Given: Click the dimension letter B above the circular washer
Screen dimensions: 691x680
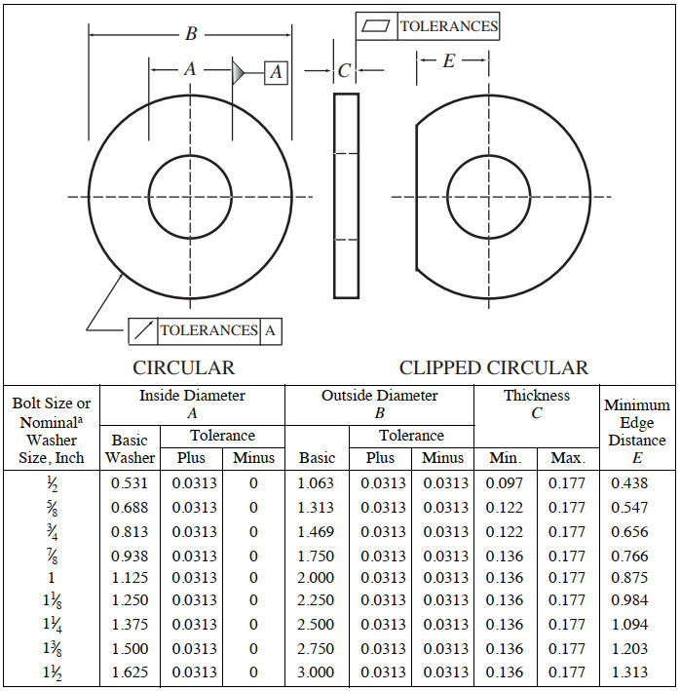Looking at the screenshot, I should pos(191,34).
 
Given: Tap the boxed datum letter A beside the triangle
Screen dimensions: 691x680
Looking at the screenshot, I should pos(276,71).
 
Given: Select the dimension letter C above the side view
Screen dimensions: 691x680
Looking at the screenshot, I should pos(344,71).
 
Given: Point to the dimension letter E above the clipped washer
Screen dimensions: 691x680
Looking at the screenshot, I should pos(448,60).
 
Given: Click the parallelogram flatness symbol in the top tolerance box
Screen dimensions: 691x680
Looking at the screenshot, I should pos(375,26).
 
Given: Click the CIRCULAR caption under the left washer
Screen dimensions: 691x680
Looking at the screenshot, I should pos(184,367).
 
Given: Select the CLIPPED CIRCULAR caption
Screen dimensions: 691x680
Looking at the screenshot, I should pos(493,367).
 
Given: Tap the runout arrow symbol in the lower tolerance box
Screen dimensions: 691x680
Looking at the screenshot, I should pos(142,330).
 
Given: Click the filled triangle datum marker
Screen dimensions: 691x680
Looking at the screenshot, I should pos(239,71).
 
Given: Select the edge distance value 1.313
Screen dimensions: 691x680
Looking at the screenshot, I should pos(630,672).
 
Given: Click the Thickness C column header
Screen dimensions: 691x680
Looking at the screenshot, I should pos(537,403).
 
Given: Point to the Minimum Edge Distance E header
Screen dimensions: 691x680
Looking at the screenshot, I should pos(637,422).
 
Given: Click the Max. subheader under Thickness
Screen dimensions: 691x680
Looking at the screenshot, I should pos(566,457).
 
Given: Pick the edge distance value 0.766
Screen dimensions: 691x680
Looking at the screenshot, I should pos(630,556).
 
